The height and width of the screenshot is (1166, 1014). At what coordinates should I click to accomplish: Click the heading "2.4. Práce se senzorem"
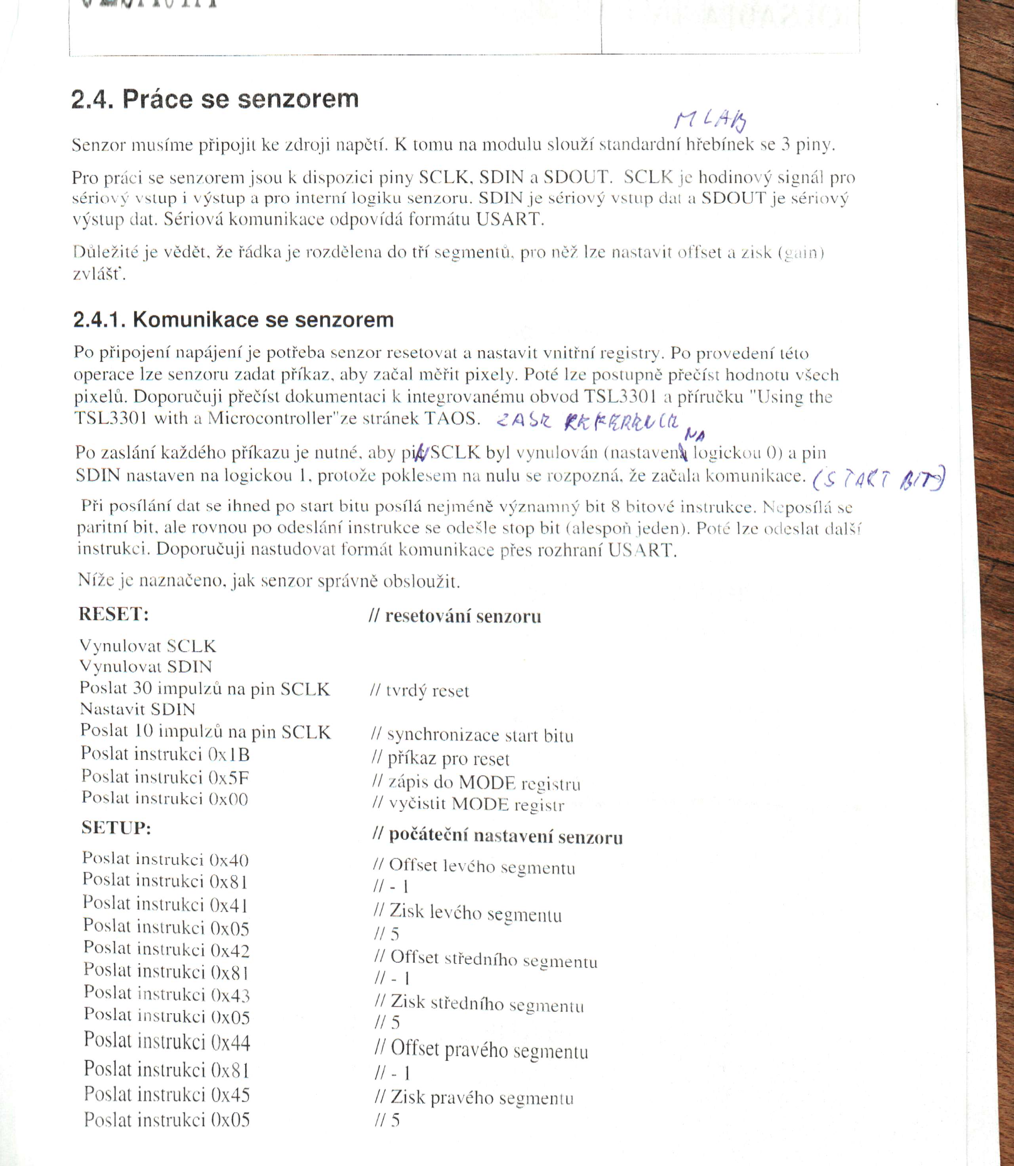tap(215, 99)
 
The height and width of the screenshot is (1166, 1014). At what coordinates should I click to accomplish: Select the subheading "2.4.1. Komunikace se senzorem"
tap(233, 320)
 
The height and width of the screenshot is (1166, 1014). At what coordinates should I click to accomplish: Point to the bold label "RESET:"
tap(114, 614)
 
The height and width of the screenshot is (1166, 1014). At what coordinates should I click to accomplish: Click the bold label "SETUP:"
tap(116, 828)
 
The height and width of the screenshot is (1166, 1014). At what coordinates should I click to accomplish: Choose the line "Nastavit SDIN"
tap(137, 709)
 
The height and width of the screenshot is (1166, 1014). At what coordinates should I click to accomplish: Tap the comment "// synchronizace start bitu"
tap(472, 735)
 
